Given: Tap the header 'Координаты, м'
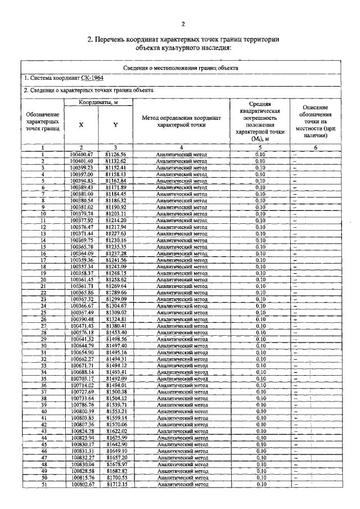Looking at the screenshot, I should click(98, 102).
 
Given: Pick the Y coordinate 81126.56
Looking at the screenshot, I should click(115, 154).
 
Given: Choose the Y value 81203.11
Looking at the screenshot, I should click(115, 214).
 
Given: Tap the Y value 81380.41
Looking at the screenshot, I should click(115, 326).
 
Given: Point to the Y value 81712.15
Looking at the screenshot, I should click(115, 484).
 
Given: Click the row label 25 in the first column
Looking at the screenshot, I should click(43, 313).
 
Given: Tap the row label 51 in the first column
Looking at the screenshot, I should click(43, 484).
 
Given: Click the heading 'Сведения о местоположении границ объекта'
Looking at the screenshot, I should click(181, 67).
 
